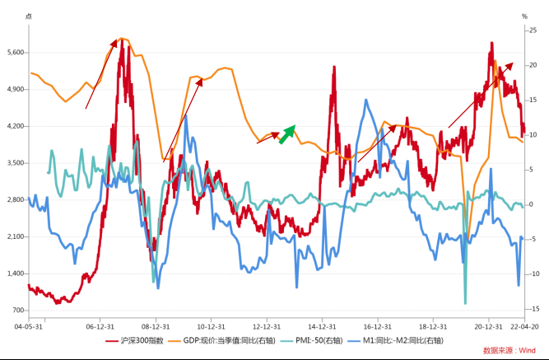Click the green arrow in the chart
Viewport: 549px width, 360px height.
pyautogui.click(x=286, y=134)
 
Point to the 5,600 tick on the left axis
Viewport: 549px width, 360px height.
pyautogui.click(x=14, y=53)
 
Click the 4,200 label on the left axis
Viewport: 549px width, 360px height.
pyautogui.click(x=14, y=126)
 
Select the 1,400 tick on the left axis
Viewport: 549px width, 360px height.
pyautogui.click(x=14, y=274)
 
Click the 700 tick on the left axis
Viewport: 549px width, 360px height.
pyautogui.click(x=17, y=311)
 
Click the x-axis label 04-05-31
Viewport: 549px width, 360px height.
pyautogui.click(x=28, y=325)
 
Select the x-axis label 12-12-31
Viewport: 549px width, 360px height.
pyautogui.click(x=267, y=325)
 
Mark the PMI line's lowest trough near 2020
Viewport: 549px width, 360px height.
pyautogui.click(x=465, y=303)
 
